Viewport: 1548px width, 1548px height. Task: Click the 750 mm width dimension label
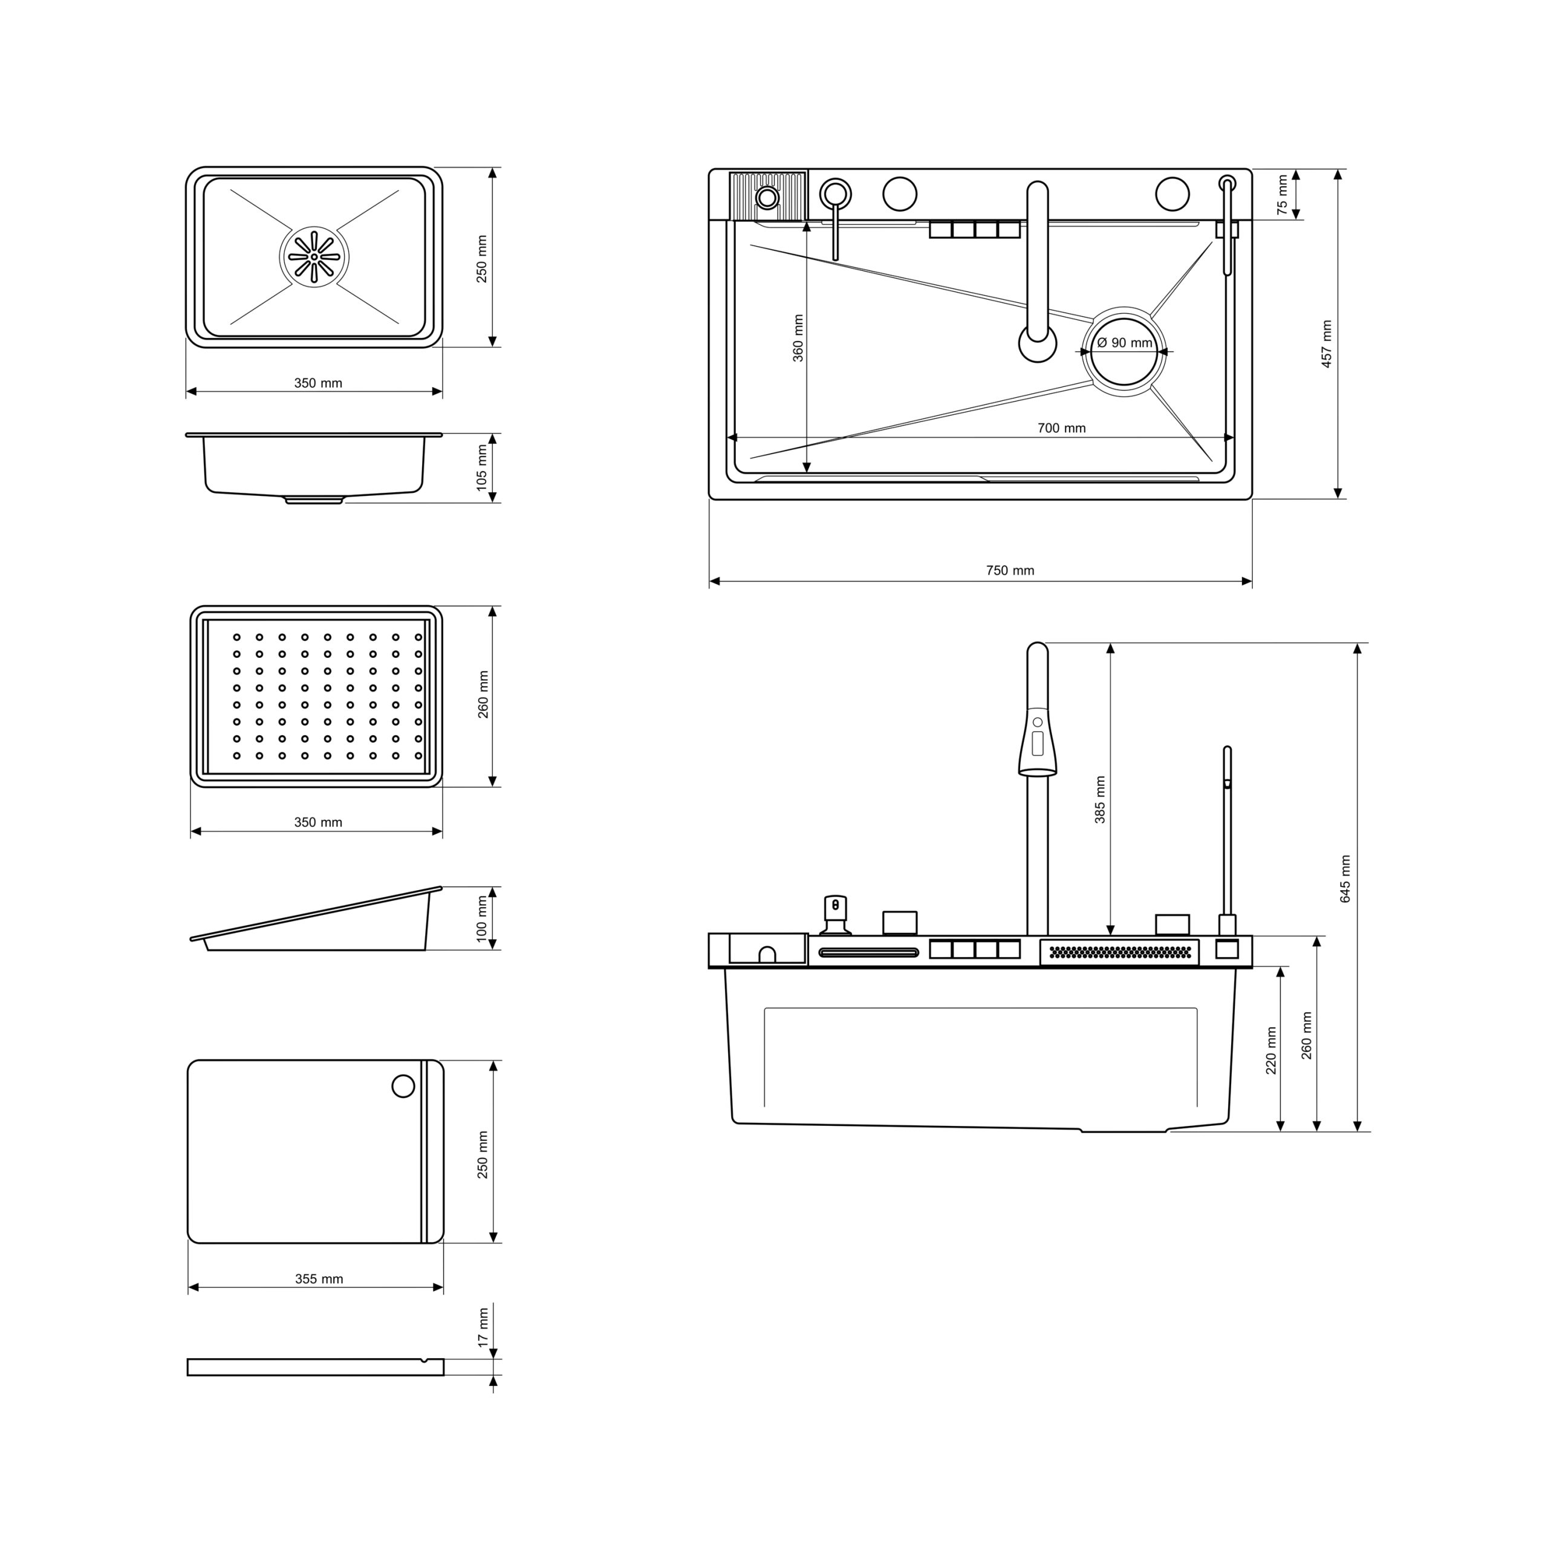coord(1010,570)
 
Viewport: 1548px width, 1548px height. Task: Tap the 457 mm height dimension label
coord(1326,343)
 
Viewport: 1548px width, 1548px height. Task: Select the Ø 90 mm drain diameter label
coord(1124,343)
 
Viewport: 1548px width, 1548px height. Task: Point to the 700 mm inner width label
coord(1062,428)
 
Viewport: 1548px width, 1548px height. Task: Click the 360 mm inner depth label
coord(798,338)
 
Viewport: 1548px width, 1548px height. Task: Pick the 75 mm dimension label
coord(1282,195)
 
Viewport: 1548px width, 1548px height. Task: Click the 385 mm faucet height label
coord(1100,799)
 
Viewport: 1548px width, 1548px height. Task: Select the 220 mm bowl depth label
coord(1271,1050)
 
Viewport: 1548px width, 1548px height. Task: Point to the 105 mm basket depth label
coord(481,468)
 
